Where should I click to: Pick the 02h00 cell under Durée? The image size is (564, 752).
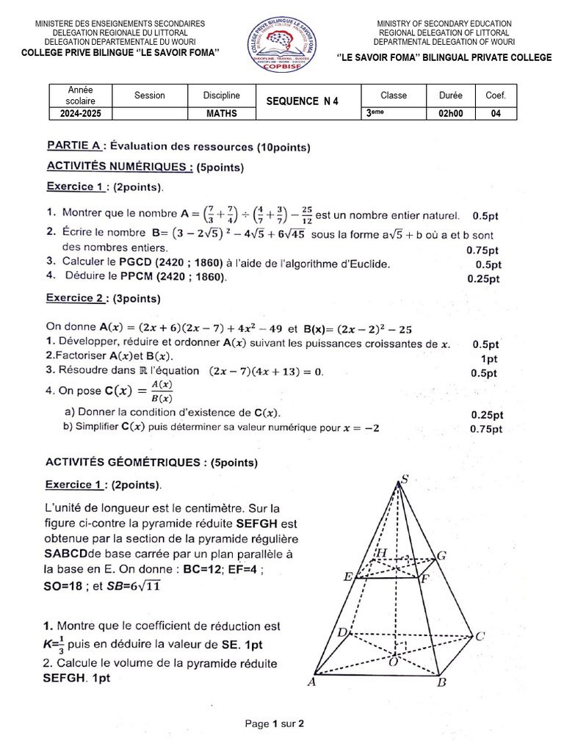coord(451,114)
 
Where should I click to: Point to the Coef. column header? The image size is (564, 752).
coord(496,95)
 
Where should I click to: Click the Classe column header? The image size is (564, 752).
coord(394,95)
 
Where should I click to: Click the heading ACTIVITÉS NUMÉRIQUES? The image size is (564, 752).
coord(120,167)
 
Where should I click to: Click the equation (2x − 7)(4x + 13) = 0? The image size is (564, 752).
coord(267,372)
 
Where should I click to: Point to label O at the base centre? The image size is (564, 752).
coord(393,661)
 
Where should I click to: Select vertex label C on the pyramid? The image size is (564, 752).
coord(480,636)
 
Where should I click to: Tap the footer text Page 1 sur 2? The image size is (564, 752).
coord(275,723)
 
